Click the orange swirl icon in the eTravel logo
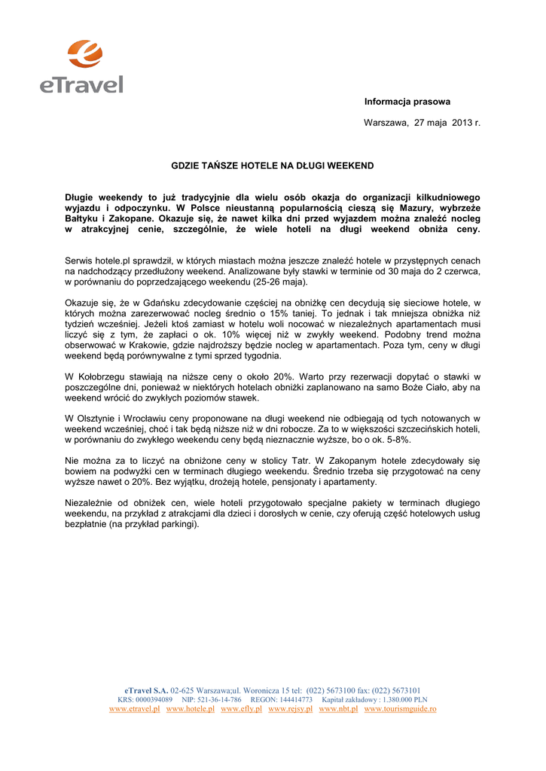coord(84,55)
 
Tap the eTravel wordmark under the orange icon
coord(81,82)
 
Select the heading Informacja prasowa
coord(407,102)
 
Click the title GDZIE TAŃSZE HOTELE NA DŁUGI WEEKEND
coord(272,165)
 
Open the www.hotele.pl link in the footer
coord(190,709)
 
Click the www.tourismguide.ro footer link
coord(400,709)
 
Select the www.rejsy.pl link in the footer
coord(290,709)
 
